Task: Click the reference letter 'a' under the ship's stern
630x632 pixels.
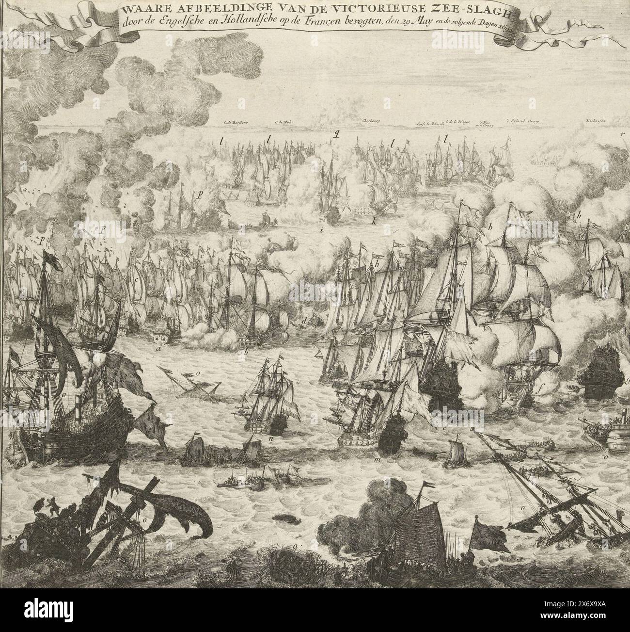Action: click(x=158, y=348)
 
